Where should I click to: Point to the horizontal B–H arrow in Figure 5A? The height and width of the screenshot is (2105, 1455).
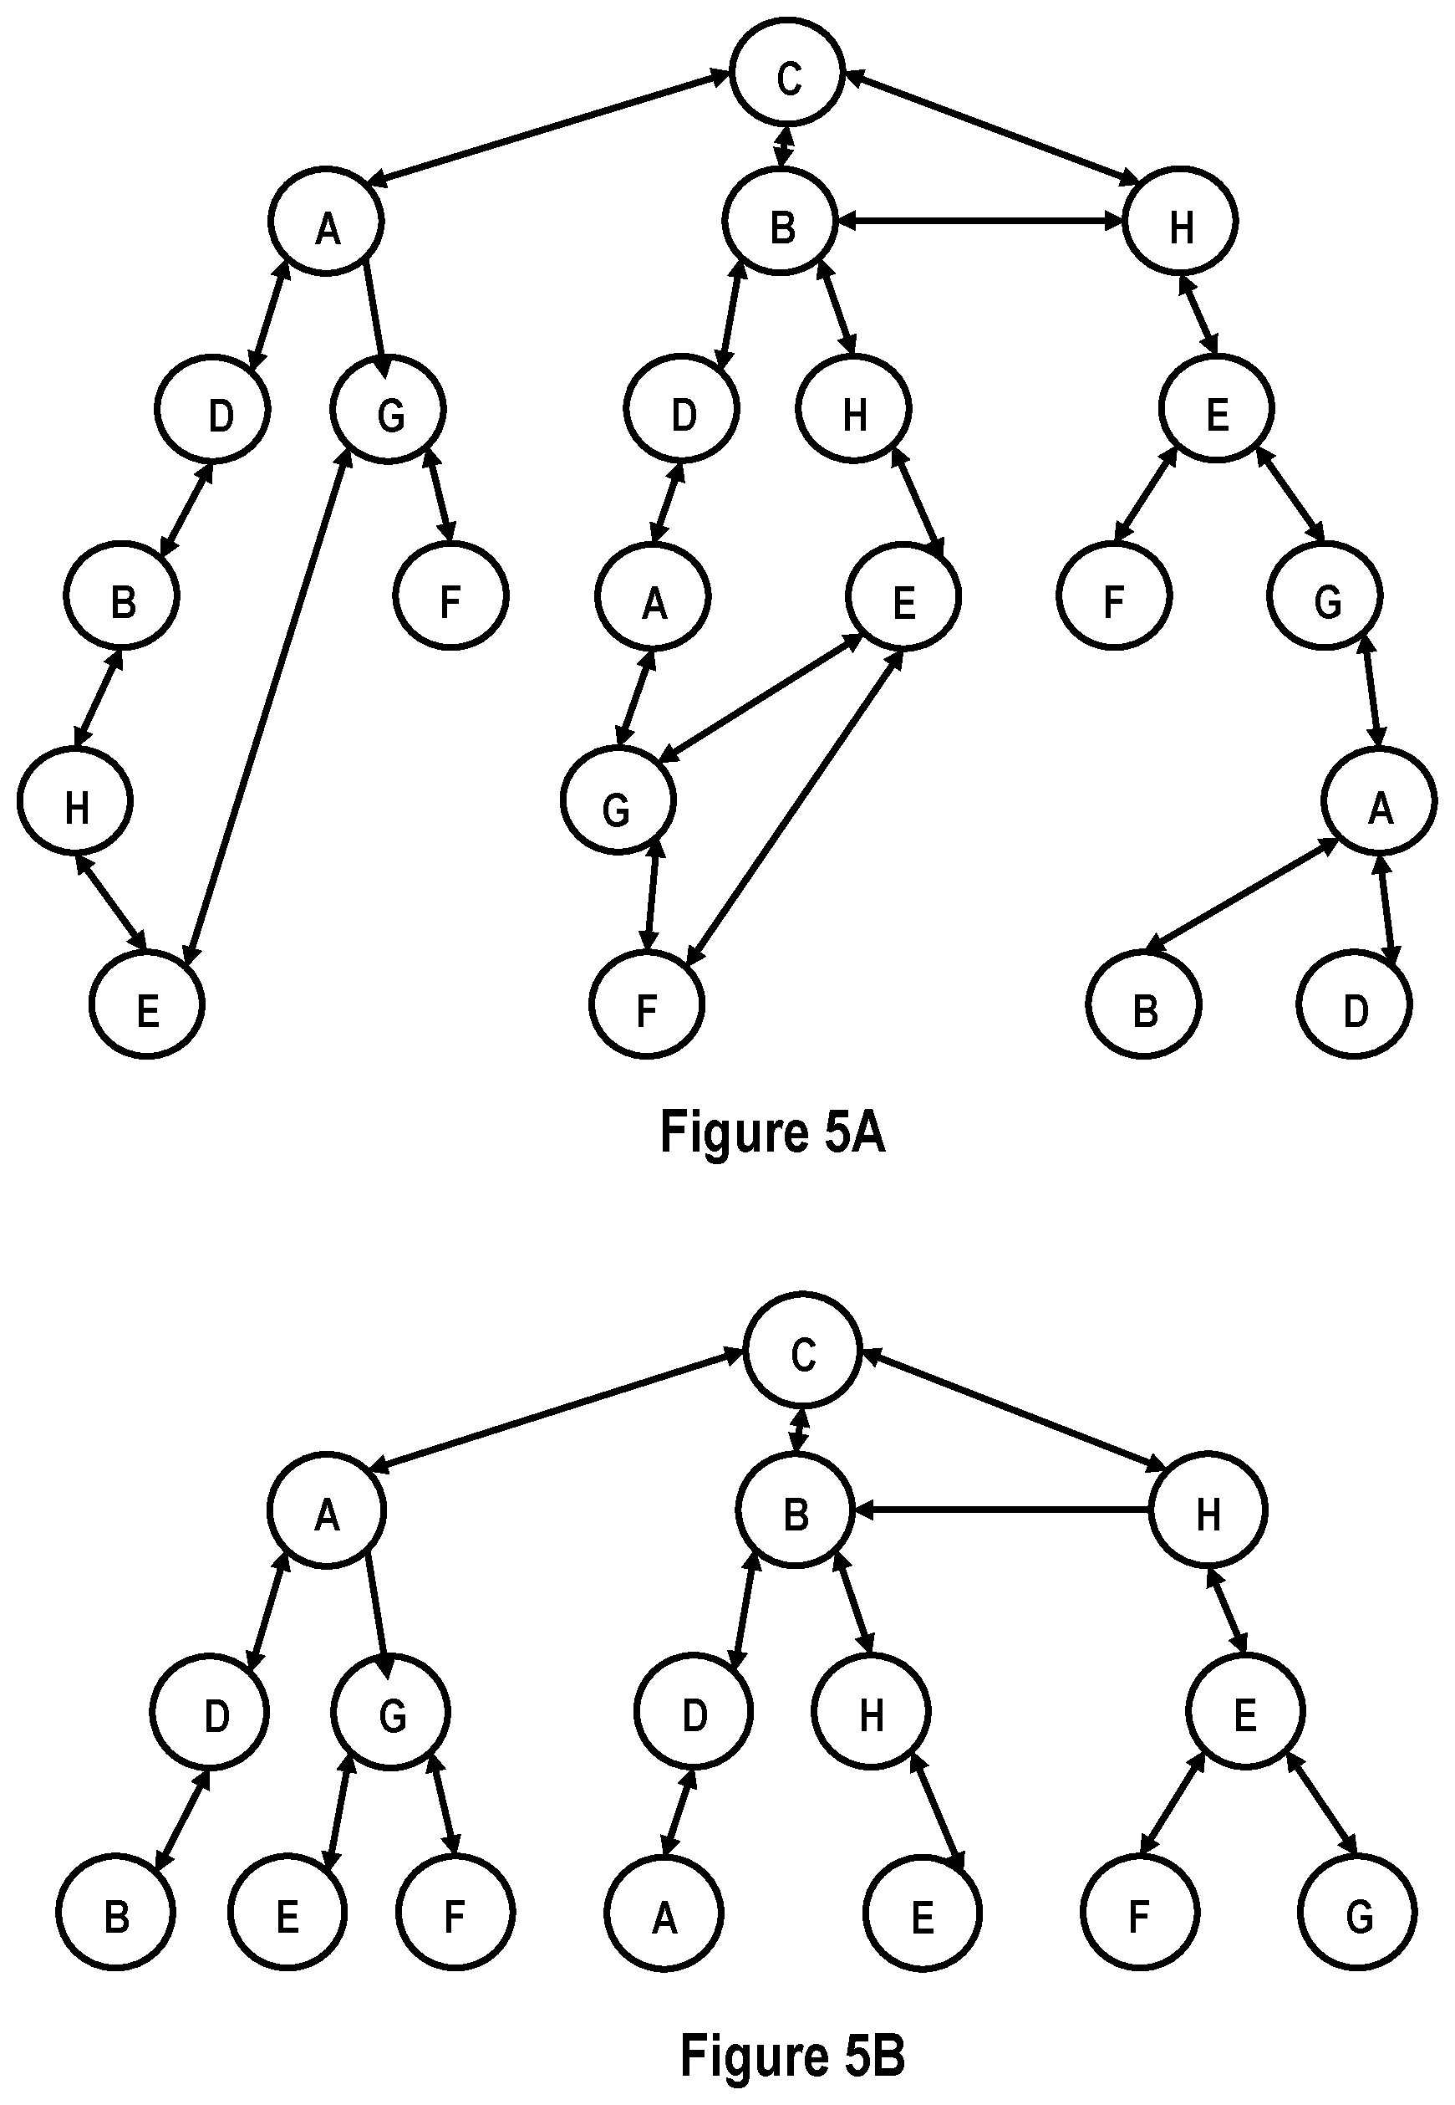(980, 220)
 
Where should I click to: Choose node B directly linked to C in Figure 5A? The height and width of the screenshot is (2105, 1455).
(781, 222)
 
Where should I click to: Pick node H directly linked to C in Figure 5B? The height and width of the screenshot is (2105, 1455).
(1208, 1511)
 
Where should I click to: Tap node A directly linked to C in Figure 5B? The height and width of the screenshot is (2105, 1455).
(327, 1511)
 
